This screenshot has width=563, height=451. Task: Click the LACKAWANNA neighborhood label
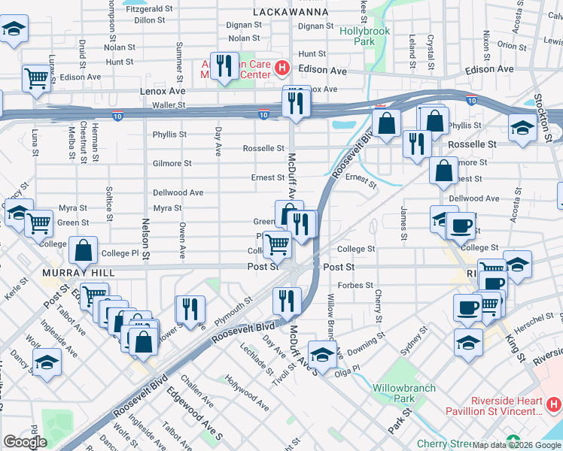[291, 12]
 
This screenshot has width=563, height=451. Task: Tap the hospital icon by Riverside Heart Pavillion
[553, 405]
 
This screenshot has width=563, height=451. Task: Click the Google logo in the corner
[25, 442]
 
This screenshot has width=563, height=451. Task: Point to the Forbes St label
[357, 285]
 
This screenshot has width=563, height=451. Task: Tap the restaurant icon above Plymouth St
[190, 308]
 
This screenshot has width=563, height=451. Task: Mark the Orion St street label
[512, 45]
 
